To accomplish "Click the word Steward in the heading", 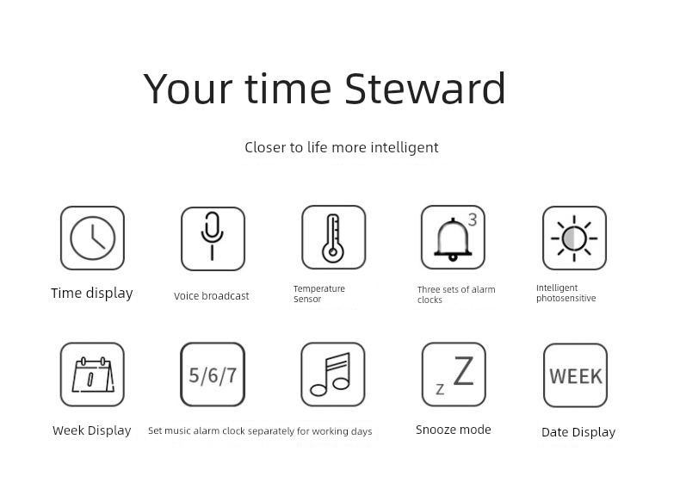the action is (x=425, y=89).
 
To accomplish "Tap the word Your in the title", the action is (x=188, y=89).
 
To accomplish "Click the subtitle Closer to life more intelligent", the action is (x=342, y=147).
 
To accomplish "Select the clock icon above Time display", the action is (x=92, y=238).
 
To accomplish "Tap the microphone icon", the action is (x=212, y=236).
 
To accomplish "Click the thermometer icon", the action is (x=333, y=238).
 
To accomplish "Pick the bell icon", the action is (x=453, y=240).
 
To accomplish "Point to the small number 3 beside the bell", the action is (x=473, y=220).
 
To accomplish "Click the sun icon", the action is (x=574, y=238).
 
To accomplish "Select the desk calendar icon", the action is (x=93, y=374).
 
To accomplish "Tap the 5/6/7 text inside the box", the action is (x=213, y=375).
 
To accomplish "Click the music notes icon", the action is (x=331, y=374).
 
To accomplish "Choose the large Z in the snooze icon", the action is (x=464, y=370).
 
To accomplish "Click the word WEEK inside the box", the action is (x=576, y=376).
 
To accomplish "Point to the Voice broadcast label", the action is (x=212, y=296).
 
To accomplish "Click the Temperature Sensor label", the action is (x=319, y=294).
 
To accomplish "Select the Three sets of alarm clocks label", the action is (x=456, y=294).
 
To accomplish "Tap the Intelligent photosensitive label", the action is (x=566, y=293).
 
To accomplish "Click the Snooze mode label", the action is (x=454, y=430).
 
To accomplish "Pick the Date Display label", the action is (x=578, y=432).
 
